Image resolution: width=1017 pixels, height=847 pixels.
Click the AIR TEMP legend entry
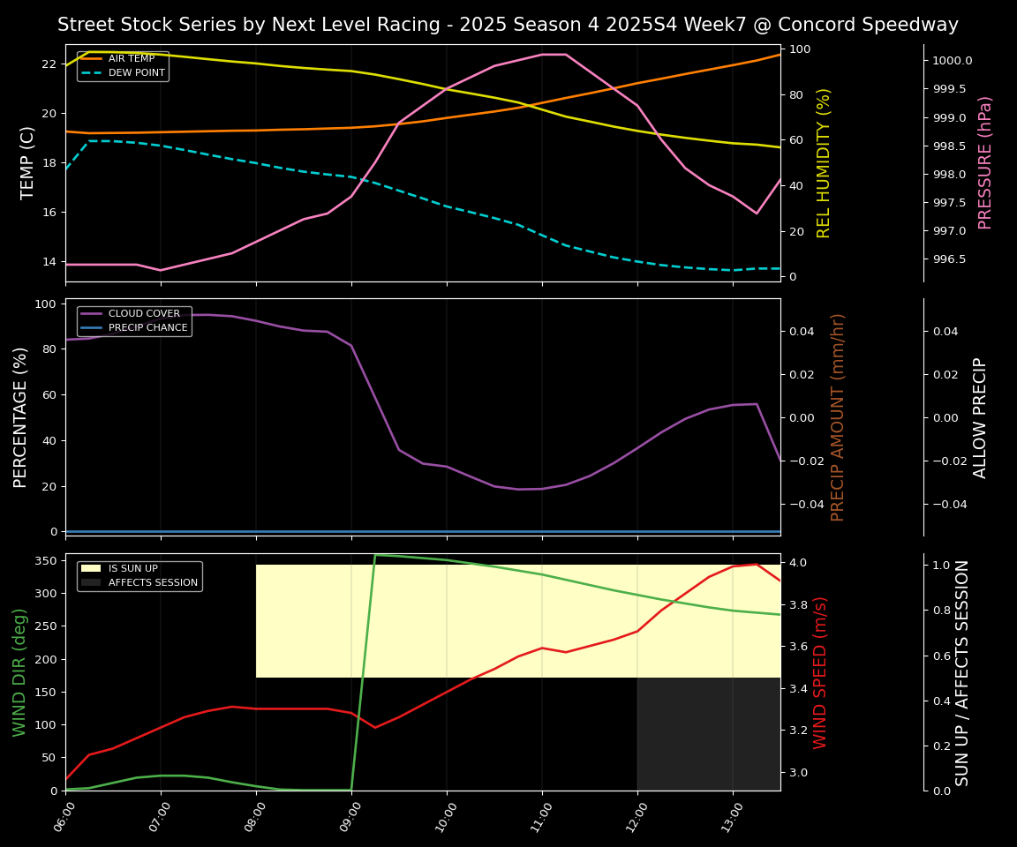[x=131, y=59]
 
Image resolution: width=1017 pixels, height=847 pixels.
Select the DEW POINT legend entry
[x=136, y=72]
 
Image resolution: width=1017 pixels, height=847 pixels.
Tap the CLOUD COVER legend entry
[x=144, y=314]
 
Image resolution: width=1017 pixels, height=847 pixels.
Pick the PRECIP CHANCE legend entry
[x=147, y=328]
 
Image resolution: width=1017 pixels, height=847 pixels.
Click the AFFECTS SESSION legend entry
[x=153, y=582]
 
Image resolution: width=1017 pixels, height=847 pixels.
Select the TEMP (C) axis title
[x=28, y=162]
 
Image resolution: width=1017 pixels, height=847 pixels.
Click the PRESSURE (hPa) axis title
[x=985, y=162]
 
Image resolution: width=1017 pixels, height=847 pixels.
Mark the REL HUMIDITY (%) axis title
[x=825, y=162]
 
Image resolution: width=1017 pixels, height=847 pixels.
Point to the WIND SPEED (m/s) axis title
[x=821, y=672]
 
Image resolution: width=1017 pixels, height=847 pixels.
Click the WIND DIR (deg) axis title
[x=19, y=672]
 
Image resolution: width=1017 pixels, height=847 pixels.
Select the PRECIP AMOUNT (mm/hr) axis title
[x=838, y=416]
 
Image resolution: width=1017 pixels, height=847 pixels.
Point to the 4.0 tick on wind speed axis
[x=799, y=563]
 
